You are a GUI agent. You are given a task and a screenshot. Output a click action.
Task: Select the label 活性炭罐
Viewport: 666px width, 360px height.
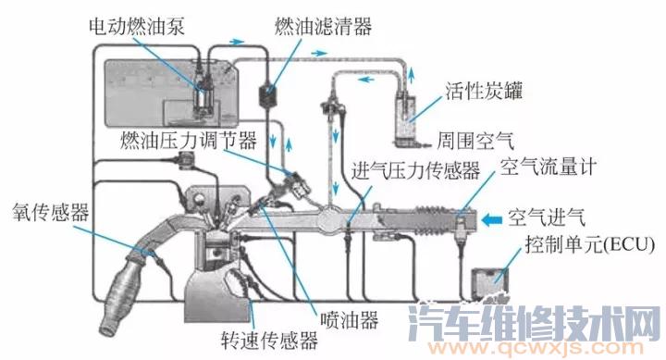pyautogui.click(x=495, y=93)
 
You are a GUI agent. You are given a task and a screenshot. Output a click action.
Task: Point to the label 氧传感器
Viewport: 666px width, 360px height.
pyautogui.click(x=51, y=213)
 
